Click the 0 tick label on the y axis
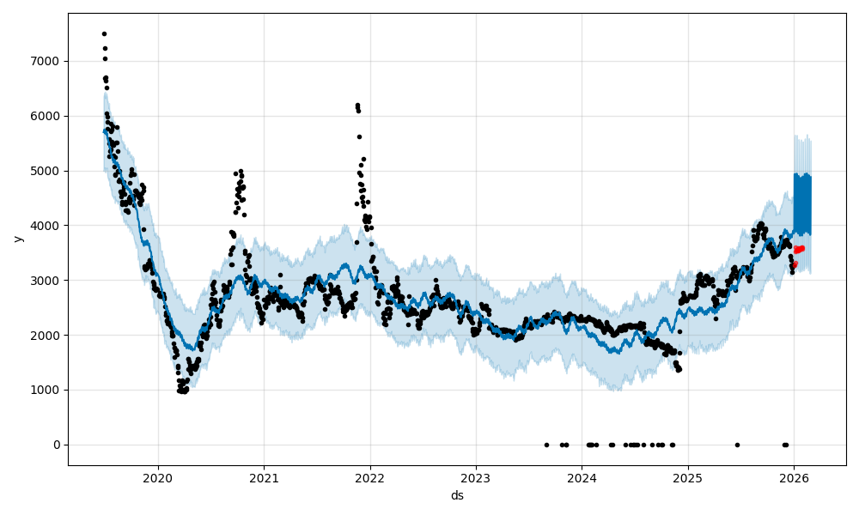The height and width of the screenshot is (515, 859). tap(58, 445)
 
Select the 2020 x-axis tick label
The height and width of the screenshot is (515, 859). tap(158, 478)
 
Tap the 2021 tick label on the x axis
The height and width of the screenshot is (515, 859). tap(264, 478)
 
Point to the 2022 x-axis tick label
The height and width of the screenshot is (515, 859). tap(370, 478)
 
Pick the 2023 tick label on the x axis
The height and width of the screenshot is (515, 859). tap(476, 478)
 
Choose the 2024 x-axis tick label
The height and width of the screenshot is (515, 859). tap(582, 478)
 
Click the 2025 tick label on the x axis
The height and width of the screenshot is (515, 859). tap(688, 478)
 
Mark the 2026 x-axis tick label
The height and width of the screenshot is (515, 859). tap(794, 478)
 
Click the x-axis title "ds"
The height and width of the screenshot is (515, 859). tap(457, 495)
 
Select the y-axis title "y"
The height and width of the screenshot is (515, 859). tap(16, 239)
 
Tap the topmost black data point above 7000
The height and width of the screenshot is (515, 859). tap(104, 33)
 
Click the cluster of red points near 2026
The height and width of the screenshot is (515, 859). tap(798, 250)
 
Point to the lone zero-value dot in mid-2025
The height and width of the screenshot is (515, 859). tap(737, 445)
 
